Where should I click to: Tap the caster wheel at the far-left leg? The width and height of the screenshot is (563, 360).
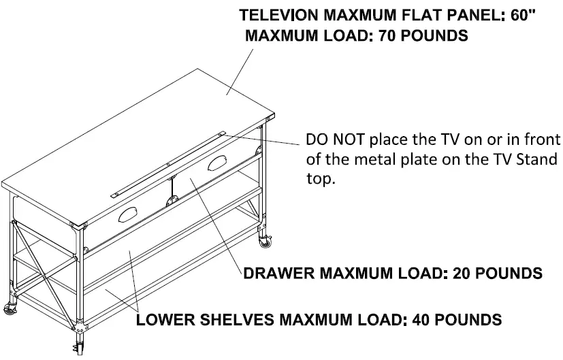pos(12,306)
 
